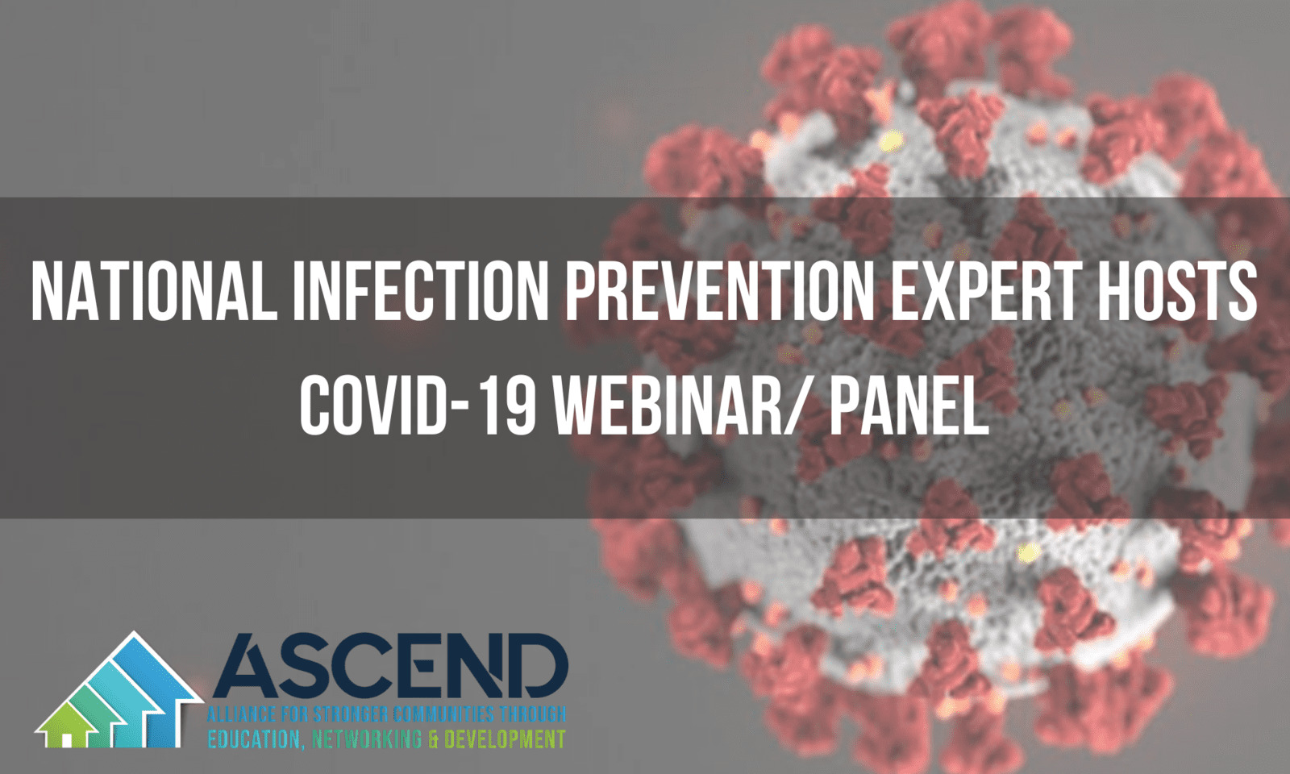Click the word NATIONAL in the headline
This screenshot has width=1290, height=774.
154,292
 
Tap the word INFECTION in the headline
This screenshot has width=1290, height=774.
421,292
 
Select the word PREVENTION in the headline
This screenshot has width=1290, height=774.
720,292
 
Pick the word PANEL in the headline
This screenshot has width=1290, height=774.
908,406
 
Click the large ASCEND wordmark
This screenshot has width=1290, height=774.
391,665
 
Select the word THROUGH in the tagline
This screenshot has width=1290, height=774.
532,714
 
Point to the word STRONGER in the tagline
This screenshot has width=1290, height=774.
347,714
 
